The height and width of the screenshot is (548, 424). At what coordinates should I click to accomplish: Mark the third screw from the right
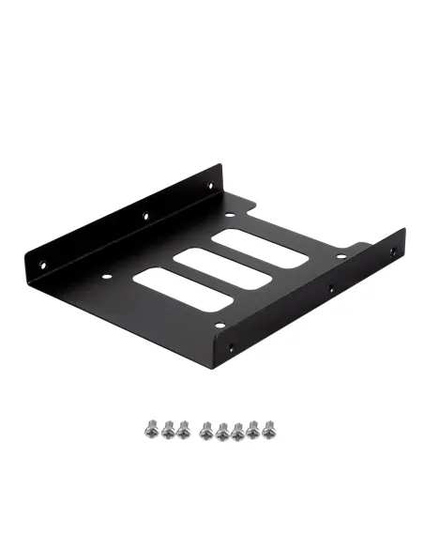point(238,432)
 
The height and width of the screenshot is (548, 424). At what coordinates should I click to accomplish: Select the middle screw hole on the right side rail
point(331,292)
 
